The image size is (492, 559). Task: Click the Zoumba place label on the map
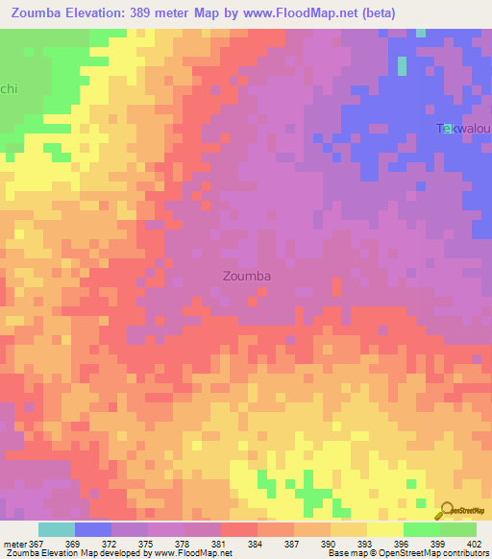point(246,276)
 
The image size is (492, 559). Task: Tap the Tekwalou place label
point(464,129)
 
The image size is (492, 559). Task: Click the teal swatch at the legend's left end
point(57,529)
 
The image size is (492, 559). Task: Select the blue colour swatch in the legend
point(93,529)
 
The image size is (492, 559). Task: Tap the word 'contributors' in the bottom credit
point(466,553)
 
